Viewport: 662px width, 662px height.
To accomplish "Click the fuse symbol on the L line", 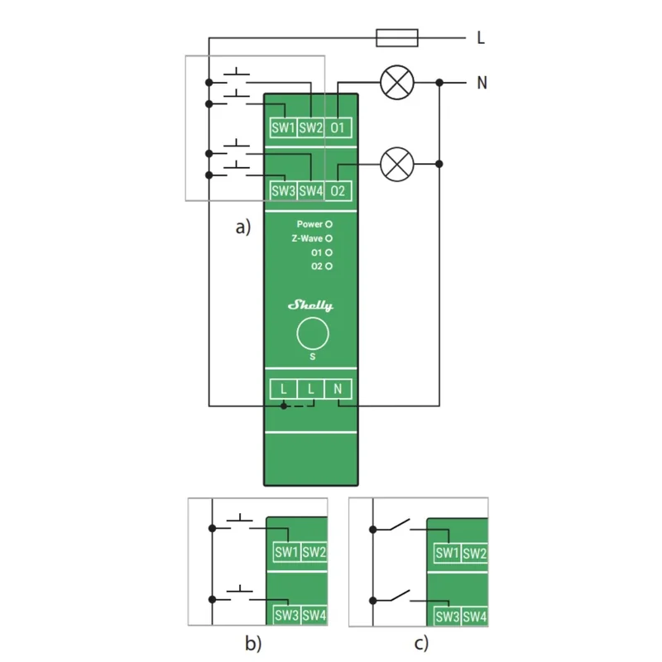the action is pos(397,38).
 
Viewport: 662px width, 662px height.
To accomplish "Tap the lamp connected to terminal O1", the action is pos(397,82).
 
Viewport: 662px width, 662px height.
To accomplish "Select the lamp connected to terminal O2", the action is pos(397,164).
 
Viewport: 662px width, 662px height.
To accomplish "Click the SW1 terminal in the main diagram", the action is pos(283,127).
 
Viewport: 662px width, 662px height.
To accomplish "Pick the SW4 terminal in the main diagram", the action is pos(311,191).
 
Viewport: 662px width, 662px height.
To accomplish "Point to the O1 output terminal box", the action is pos(338,127).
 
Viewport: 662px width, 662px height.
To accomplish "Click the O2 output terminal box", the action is pos(338,191).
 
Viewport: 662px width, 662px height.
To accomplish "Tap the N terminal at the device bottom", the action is pos(338,389).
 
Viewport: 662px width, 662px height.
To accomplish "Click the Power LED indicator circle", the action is pos(329,224).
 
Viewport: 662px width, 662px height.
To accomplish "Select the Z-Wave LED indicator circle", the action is pos(329,238).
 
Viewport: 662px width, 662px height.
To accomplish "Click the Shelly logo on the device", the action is pos(311,305).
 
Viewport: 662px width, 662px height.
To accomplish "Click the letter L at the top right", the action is pos(481,38).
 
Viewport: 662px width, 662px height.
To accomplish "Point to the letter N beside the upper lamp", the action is pos(482,82).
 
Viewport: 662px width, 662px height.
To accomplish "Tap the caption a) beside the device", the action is pos(243,227).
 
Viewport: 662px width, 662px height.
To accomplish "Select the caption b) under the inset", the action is pos(253,644).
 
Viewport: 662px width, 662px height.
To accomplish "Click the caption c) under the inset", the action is pos(421,644).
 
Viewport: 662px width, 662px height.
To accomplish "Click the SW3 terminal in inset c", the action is pos(447,616).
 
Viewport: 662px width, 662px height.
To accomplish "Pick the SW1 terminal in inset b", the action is pos(286,552).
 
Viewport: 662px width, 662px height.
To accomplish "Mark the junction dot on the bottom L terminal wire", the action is pos(284,406).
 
